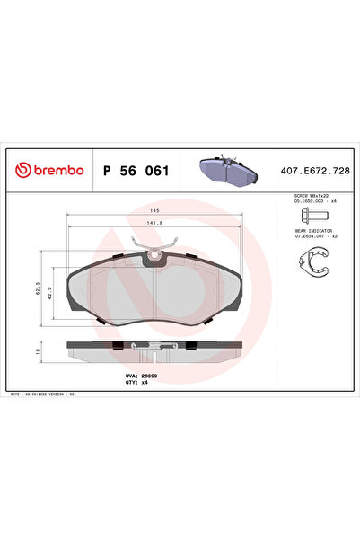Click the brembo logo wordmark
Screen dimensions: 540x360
pos(56,170)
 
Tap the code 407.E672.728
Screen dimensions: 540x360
pos(316,170)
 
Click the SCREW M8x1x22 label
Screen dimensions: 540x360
pos(313,195)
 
